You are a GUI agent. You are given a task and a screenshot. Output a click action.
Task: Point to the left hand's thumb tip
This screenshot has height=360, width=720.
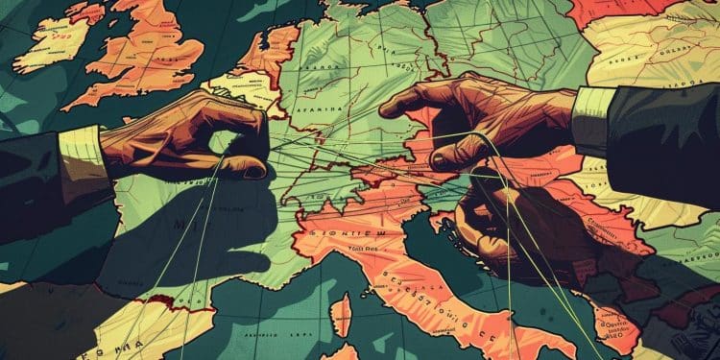click(252, 171)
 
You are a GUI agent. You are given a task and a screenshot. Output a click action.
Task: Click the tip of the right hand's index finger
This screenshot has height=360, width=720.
click(390, 108)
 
